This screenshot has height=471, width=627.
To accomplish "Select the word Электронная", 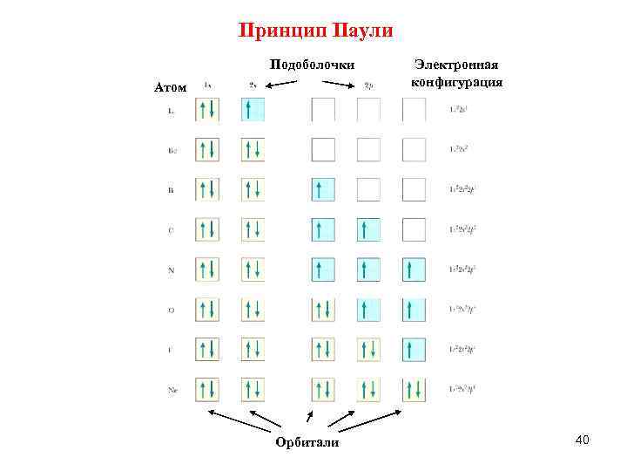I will pyautogui.click(x=456, y=66).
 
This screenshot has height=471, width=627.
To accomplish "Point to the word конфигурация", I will pyautogui.click(x=456, y=83).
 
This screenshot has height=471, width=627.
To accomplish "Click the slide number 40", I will pyautogui.click(x=583, y=441).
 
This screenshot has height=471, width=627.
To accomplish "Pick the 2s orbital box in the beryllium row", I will pyautogui.click(x=253, y=149).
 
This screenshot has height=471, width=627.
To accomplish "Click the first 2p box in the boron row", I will pyautogui.click(x=323, y=189).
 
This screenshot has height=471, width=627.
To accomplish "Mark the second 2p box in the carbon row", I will pyautogui.click(x=368, y=229).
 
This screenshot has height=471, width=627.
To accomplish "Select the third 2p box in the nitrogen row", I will pyautogui.click(x=414, y=270).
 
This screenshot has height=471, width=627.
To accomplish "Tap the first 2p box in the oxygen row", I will pyautogui.click(x=323, y=310).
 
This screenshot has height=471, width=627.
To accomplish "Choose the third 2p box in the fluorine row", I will pyautogui.click(x=414, y=349).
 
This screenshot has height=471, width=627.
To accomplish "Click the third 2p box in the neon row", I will pyautogui.click(x=414, y=389).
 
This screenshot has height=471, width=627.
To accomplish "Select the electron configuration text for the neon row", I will pyautogui.click(x=466, y=389).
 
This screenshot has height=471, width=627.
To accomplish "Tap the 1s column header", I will pyautogui.click(x=207, y=85).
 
